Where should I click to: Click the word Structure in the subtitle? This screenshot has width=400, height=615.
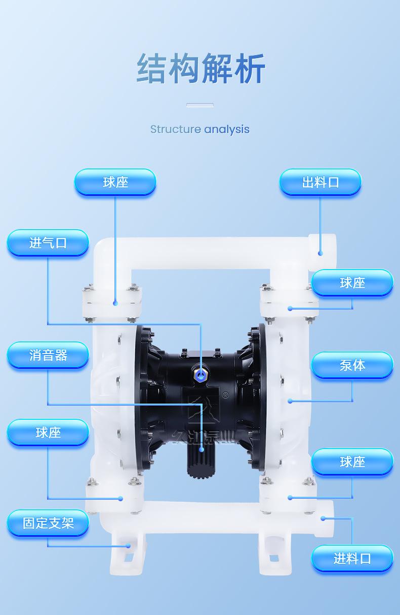tap(175, 129)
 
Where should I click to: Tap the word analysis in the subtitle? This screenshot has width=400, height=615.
tap(227, 129)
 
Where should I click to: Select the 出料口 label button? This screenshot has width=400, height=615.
tap(320, 182)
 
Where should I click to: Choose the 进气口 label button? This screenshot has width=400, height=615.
tap(48, 243)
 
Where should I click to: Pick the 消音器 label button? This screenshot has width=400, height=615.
tap(48, 355)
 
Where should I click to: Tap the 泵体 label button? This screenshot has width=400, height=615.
tap(352, 365)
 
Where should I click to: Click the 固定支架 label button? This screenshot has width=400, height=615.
tap(48, 523)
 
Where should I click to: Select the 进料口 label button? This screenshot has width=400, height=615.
tap(352, 558)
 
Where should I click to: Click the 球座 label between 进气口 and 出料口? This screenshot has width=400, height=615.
tap(115, 182)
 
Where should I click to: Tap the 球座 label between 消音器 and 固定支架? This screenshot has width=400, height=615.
tap(48, 432)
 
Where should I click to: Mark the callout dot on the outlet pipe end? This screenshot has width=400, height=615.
tap(320, 253)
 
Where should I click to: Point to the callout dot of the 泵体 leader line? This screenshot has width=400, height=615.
tap(290, 401)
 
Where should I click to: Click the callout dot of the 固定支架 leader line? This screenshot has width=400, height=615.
tap(129, 546)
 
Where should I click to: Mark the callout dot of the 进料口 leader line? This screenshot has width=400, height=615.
tap(323, 518)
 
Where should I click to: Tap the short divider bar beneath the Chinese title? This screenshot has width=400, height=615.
tap(199, 105)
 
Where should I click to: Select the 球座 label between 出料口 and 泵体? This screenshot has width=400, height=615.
tap(352, 283)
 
